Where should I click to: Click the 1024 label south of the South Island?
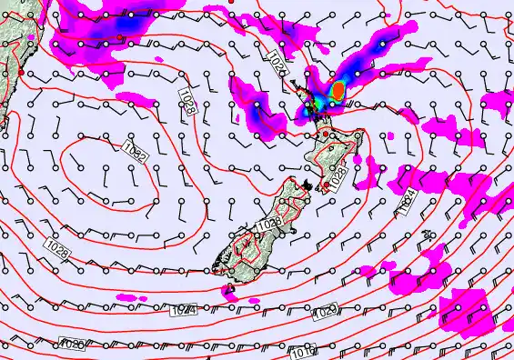tap(183, 311)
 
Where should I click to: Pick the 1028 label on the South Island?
tap(267, 224)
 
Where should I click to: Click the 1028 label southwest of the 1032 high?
tap(59, 247)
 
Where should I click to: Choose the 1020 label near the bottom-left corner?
tap(73, 343)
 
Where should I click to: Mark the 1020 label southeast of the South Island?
tap(325, 312)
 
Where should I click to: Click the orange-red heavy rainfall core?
tap(338, 90)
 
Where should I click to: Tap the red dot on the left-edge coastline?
tap(19, 71)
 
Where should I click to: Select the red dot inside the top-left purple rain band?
tap(119, 36)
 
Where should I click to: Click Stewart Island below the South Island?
tap(229, 290)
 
